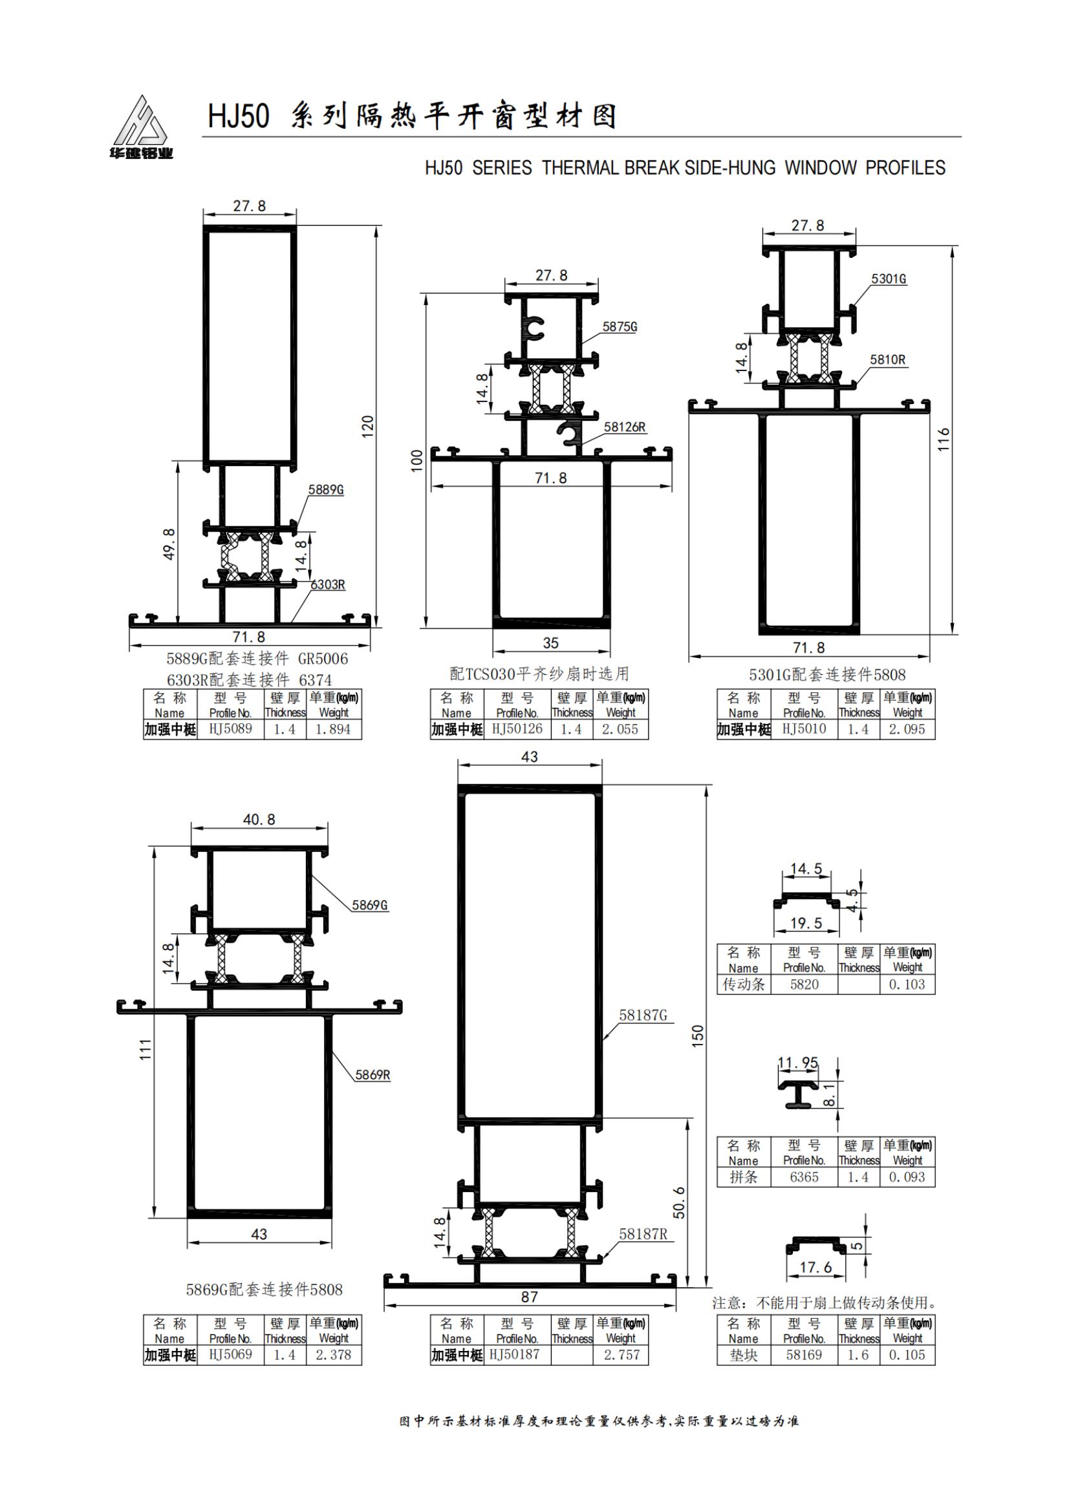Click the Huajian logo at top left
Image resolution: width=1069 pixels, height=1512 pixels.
[x=141, y=127]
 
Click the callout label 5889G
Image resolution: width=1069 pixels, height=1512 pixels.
[x=326, y=489]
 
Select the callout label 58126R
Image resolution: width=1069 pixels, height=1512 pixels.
[x=625, y=427]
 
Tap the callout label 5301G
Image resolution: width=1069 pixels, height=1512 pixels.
[x=889, y=279]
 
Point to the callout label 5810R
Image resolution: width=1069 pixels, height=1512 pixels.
[x=887, y=359]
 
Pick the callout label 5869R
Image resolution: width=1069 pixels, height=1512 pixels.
[x=372, y=1075]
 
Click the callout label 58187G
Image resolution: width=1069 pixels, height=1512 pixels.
[x=642, y=1016]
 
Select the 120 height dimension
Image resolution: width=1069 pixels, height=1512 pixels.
[x=367, y=426]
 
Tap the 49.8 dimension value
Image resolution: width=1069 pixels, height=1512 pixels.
[x=169, y=544]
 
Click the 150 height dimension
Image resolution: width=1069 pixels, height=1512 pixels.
[x=698, y=1035]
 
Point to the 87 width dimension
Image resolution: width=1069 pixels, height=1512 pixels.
[x=530, y=1297]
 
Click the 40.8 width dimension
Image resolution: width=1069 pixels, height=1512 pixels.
[x=259, y=819]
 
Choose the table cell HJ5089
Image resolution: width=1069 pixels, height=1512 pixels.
[x=230, y=729]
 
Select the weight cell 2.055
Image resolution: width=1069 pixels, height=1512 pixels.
[x=620, y=729]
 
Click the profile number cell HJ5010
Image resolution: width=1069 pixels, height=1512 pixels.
[x=804, y=729]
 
